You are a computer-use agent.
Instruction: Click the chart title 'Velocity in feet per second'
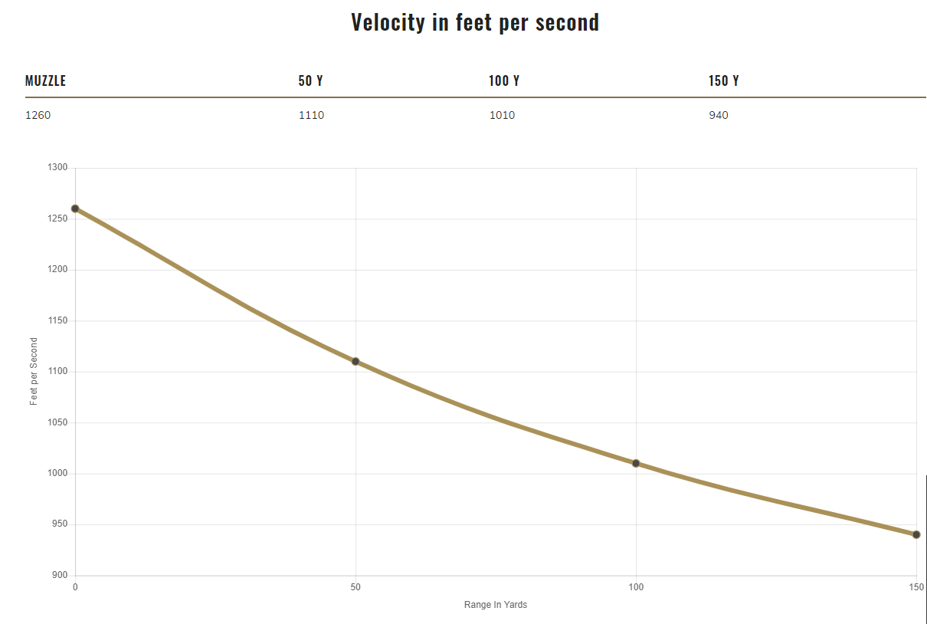coord(475,22)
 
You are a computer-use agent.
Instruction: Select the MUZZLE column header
coord(46,80)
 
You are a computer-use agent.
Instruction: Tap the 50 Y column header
coord(310,80)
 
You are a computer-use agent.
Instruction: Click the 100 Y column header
coord(504,80)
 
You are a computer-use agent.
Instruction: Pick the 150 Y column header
coord(724,80)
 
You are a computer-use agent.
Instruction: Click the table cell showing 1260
coord(38,116)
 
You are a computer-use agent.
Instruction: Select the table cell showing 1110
coord(312,116)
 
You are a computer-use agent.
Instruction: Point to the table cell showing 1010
coord(503,116)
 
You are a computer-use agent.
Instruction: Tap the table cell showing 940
coord(719,116)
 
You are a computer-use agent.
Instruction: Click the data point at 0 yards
coord(75,209)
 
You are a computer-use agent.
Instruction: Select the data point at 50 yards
coord(355,361)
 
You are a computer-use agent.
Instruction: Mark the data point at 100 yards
coord(636,463)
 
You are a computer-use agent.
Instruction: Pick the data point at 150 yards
coord(916,534)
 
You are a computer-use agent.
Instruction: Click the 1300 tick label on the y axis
coord(57,168)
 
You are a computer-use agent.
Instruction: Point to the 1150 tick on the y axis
coord(57,320)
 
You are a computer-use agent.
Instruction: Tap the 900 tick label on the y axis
coord(60,576)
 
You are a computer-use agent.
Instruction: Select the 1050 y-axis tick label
coord(57,422)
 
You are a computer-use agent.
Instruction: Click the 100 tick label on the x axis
coord(636,587)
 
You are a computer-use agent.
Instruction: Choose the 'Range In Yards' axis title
coord(496,605)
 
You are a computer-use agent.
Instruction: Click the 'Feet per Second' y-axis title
coord(34,372)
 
